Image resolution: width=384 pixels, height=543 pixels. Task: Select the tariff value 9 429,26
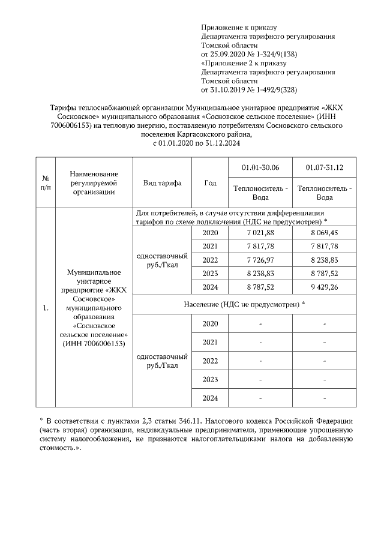[324, 287]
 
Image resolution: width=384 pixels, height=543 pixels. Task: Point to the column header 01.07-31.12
[324, 166]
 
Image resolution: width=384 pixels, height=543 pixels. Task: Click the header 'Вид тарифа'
[162, 182]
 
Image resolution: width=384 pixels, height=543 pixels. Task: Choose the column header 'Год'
[210, 182]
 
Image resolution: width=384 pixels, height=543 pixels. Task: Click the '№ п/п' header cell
[45, 182]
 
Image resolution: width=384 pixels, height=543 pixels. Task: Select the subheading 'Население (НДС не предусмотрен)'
[243, 304]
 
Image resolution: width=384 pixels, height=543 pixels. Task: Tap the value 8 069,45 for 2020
[324, 233]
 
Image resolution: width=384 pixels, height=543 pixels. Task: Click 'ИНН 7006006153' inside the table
[93, 344]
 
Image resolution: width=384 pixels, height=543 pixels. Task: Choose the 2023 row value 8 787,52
[324, 273]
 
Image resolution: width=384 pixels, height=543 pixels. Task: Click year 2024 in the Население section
[210, 398]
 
